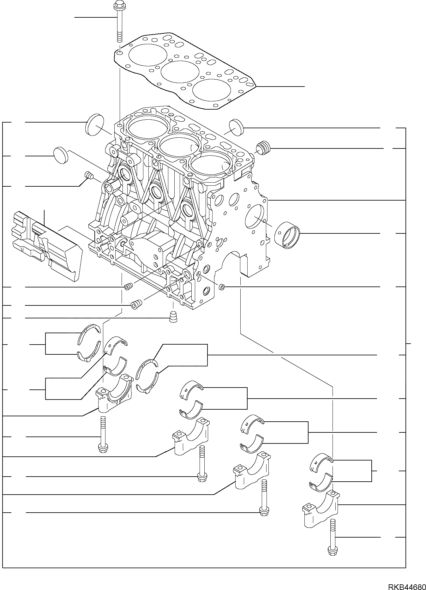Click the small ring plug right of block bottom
[x=222, y=287]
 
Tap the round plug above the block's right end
[x=237, y=127]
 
